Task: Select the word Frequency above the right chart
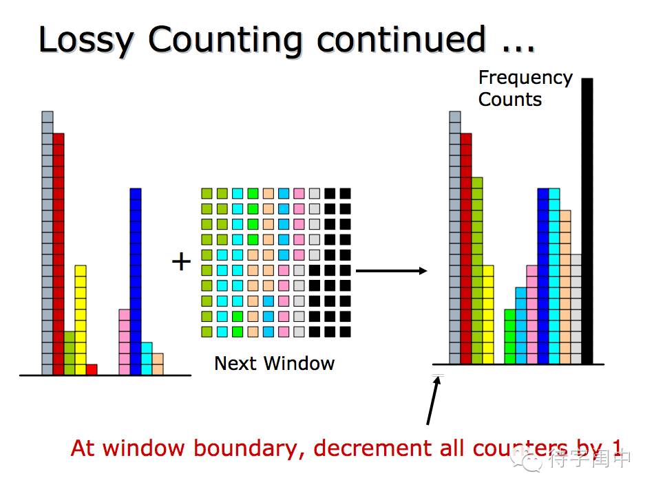525,78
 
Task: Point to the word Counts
509,100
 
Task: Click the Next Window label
274,363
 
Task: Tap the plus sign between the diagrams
181,261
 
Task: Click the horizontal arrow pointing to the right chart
391,271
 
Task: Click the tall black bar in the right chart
587,221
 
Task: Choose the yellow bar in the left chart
81,320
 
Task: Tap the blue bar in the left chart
136,281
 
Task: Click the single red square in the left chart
92,369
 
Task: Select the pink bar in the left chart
125,342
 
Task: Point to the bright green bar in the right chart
510,336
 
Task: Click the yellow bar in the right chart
488,314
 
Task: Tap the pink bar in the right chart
532,314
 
